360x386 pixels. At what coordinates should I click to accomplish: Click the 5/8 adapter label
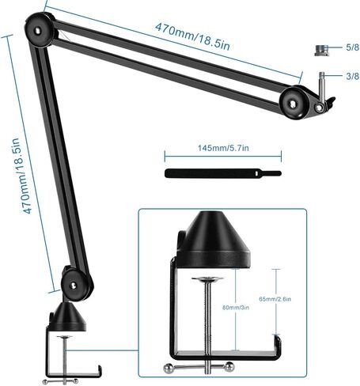[353, 47]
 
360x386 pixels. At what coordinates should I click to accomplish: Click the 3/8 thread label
[353, 76]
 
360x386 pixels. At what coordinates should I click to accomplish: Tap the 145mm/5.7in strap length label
[223, 148]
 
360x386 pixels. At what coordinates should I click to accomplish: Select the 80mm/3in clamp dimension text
[236, 308]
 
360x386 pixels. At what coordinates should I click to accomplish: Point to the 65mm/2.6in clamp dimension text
[275, 299]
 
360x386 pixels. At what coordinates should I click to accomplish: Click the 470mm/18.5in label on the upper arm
[192, 37]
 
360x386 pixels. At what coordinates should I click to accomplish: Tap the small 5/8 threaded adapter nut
[321, 51]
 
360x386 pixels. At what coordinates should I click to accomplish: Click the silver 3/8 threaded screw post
[321, 87]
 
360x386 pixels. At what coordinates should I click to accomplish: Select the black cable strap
[223, 173]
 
